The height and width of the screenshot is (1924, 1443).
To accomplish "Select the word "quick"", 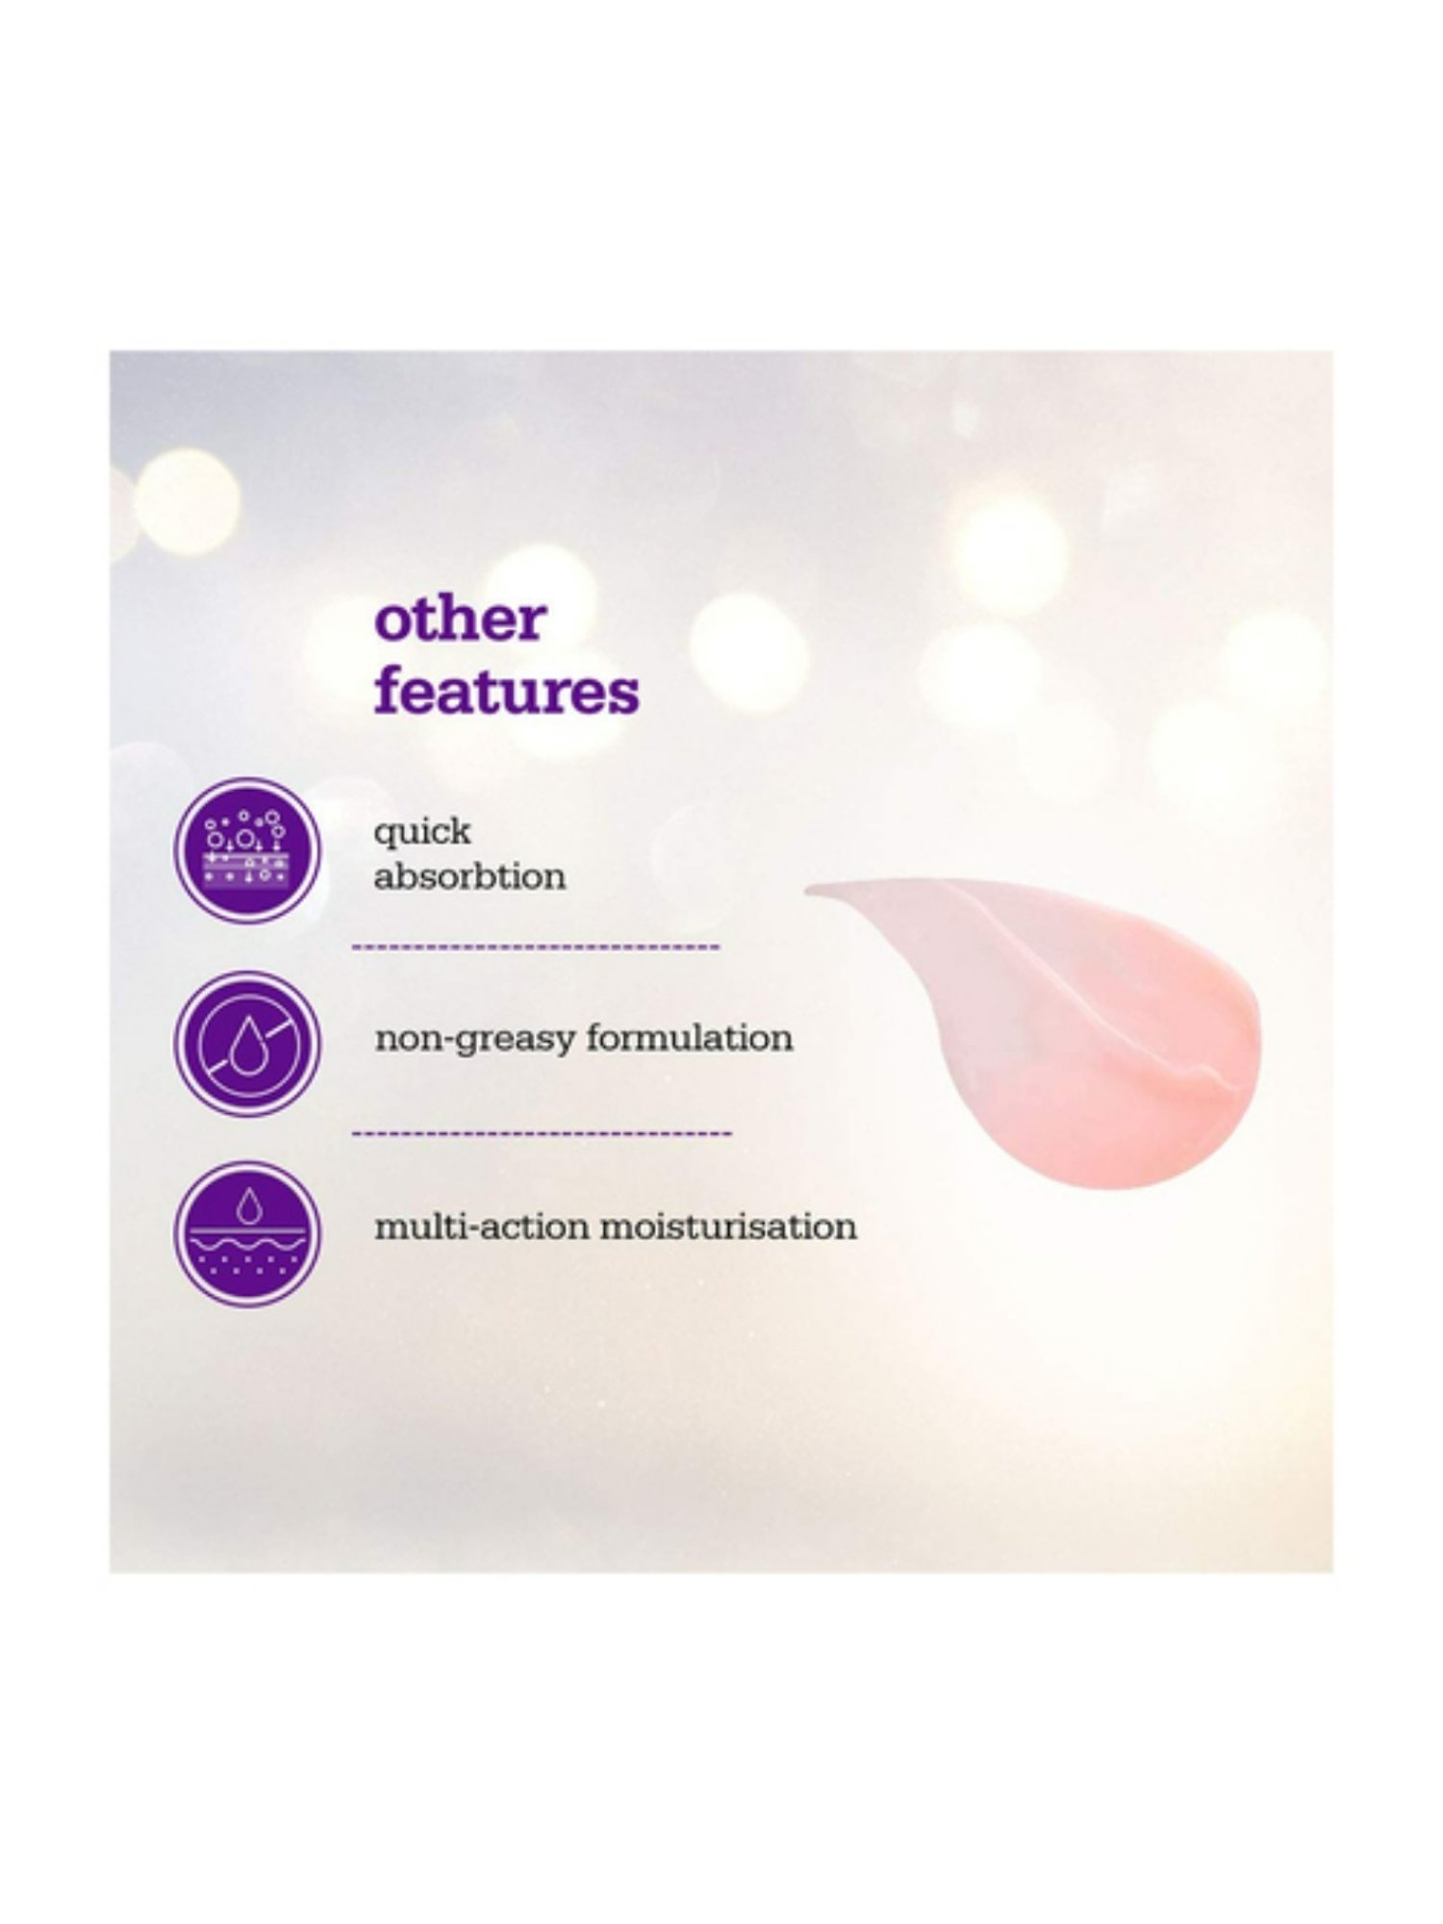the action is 422,832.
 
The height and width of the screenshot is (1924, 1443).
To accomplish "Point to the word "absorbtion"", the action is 469,876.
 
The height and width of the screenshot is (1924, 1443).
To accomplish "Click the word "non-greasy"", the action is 474,1040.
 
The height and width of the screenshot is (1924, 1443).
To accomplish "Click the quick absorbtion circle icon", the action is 247,850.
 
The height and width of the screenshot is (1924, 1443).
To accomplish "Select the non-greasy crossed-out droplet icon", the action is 247,1043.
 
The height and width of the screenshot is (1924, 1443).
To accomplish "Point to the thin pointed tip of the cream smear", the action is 808,890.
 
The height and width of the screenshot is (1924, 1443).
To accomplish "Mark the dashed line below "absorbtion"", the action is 536,948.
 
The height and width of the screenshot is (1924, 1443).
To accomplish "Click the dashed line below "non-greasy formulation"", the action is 542,1133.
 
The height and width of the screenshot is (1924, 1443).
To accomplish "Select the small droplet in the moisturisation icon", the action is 248,1205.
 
